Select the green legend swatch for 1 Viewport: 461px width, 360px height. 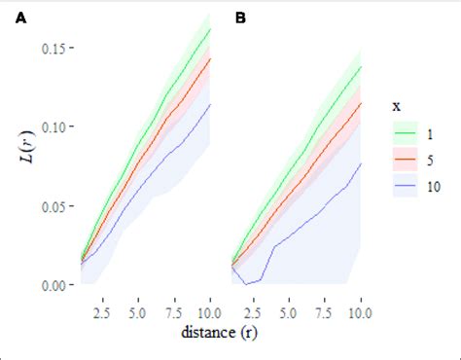pos(403,132)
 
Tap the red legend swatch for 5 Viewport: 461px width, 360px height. pos(403,161)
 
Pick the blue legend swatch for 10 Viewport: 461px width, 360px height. pos(403,189)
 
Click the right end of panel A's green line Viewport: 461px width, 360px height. pos(211,28)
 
